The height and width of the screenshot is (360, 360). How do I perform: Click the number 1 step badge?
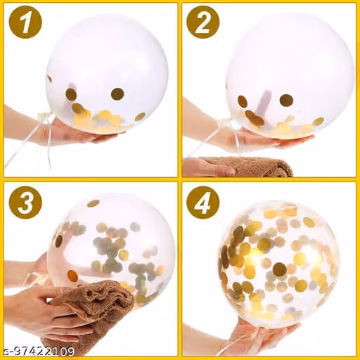tap(25, 22)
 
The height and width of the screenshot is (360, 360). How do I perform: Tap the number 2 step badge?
tap(203, 22)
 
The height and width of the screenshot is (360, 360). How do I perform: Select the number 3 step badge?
tap(25, 203)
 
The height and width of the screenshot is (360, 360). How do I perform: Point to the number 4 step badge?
tap(203, 203)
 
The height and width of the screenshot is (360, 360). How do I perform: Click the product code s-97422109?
tap(37, 352)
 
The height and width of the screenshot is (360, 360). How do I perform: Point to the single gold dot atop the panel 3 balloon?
tap(94, 203)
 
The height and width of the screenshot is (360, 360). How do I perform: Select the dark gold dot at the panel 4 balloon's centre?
tap(280, 269)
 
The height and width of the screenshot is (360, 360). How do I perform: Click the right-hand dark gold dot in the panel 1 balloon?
tap(117, 94)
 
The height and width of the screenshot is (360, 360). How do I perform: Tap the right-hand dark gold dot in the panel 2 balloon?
tap(286, 100)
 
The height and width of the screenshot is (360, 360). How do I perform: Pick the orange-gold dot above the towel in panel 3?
tap(72, 276)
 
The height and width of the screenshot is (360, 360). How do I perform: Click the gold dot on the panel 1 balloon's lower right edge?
tap(140, 117)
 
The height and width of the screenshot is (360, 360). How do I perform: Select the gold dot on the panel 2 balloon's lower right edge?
tap(318, 122)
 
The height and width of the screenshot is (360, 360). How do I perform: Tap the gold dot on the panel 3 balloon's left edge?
tap(58, 240)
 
